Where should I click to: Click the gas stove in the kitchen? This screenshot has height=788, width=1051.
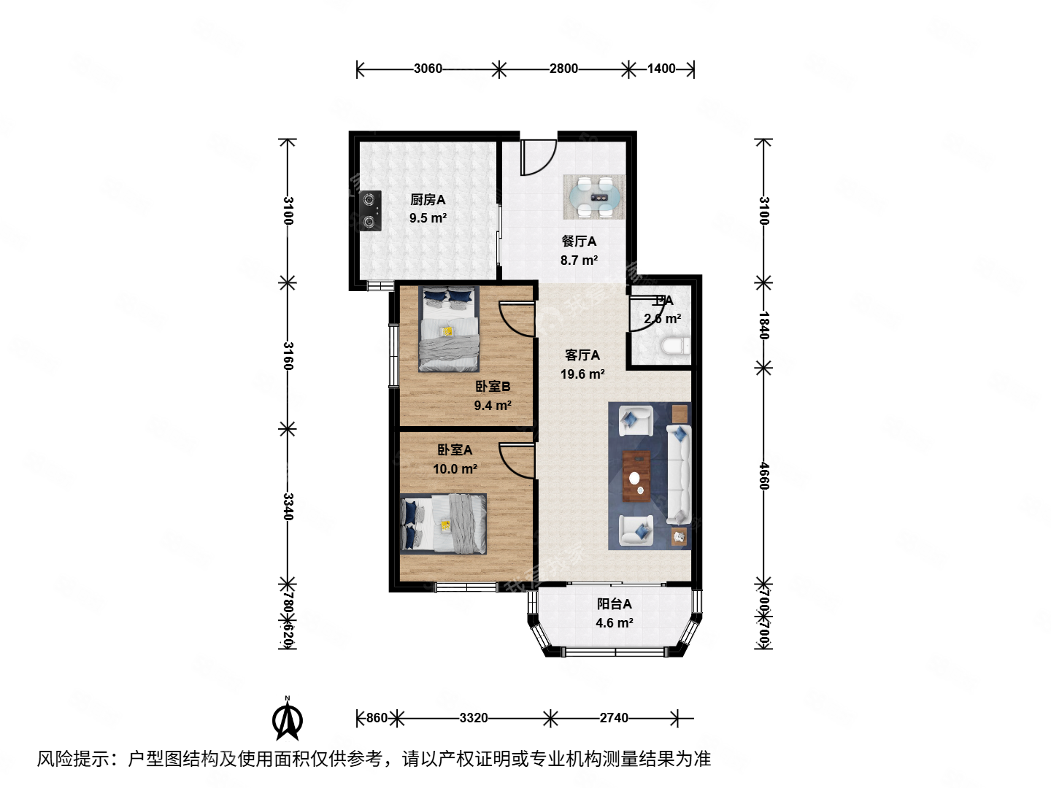point(371,211)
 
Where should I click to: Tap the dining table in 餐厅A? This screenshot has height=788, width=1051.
point(594,197)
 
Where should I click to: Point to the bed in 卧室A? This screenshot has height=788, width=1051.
point(444,524)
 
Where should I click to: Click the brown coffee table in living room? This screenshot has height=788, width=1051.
point(636,476)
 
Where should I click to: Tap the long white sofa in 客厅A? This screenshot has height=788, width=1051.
point(678,474)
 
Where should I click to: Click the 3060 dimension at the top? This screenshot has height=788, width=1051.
point(428,69)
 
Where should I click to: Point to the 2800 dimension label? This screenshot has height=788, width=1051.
point(563,69)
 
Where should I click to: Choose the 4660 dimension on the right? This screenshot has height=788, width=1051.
point(763,476)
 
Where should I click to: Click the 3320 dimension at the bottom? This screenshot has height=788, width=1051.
point(474,718)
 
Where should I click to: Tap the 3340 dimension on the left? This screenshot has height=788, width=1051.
point(288,506)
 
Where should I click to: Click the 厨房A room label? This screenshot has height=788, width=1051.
point(428,199)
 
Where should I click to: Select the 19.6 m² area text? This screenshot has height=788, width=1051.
point(582,374)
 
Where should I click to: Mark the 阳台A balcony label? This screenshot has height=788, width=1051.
point(615,604)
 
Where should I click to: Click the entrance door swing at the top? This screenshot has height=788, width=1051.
point(538,158)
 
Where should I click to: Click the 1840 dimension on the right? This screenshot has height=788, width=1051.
point(763,325)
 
